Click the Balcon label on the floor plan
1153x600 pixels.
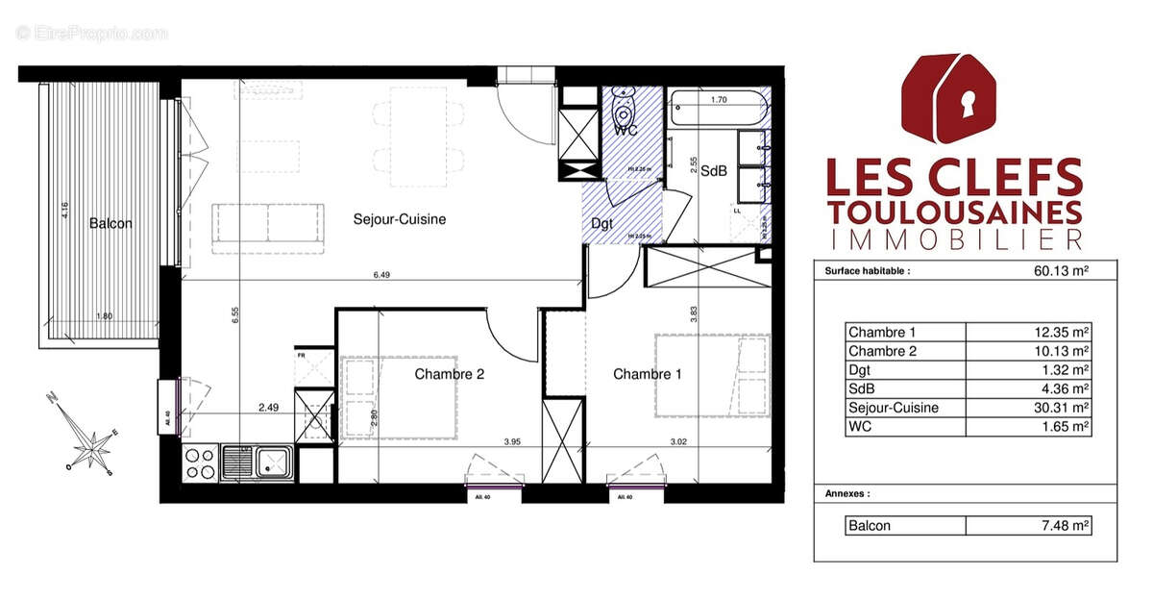[110, 223]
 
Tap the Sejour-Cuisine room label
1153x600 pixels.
[399, 219]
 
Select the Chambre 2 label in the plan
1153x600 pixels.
[449, 374]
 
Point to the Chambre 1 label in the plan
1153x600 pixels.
[648, 374]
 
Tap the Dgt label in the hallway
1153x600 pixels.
[602, 223]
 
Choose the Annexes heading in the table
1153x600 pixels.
[846, 493]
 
